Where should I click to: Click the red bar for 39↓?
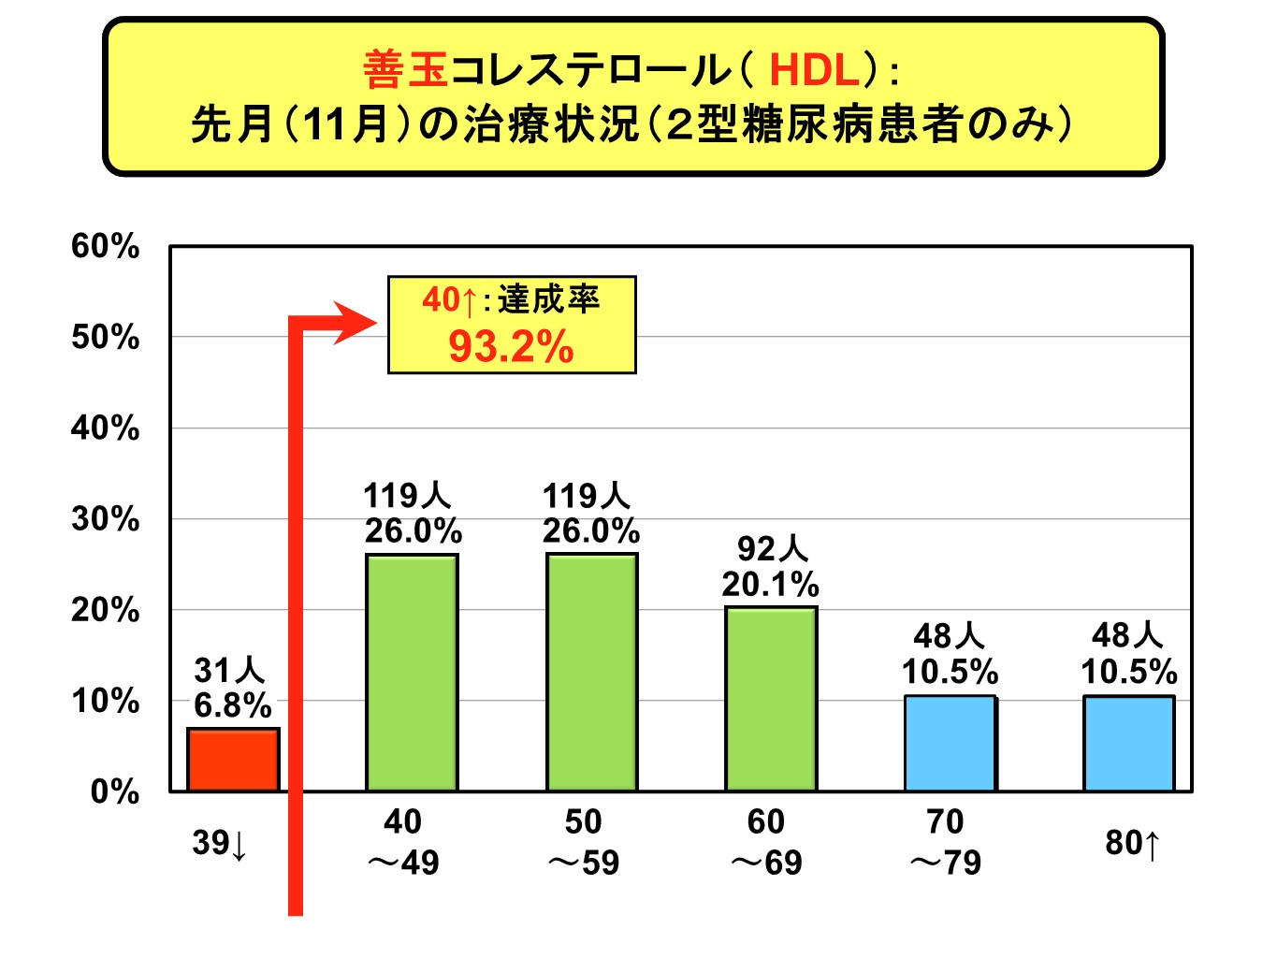233,760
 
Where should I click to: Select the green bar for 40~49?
412,673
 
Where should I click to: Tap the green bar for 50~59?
592,673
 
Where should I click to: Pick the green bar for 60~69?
771,699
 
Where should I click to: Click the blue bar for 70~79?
950,743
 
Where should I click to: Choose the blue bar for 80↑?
1128,743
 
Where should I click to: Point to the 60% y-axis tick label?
105,247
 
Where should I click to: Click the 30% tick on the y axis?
105,519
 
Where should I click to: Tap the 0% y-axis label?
114,792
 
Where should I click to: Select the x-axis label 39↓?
220,844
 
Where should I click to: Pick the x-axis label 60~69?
766,842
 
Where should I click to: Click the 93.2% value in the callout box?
511,347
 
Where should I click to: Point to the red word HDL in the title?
814,70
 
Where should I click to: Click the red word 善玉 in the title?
406,70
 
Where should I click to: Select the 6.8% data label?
232,705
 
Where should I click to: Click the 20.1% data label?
770,585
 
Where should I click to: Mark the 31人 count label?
229,670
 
